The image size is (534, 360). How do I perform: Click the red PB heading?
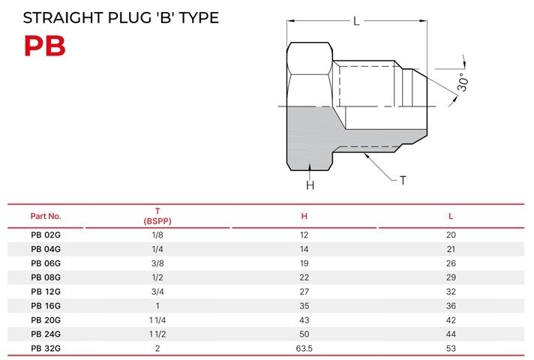(x=44, y=46)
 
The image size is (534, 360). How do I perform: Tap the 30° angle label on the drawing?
(x=463, y=82)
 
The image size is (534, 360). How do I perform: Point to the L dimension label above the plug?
(x=356, y=21)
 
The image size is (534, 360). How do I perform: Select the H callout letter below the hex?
(x=310, y=185)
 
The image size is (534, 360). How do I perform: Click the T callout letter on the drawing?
(x=403, y=180)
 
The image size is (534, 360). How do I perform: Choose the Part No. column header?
(x=46, y=216)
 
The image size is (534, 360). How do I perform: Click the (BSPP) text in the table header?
(x=157, y=221)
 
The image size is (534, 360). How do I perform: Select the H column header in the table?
(x=304, y=216)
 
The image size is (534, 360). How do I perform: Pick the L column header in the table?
(x=451, y=216)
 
